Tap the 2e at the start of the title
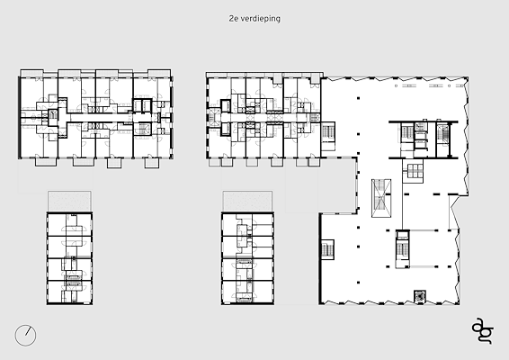coord(232,19)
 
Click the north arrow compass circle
coord(25,336)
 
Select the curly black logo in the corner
coord(483,331)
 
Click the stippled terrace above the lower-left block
coord(69,201)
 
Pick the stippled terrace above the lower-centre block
coord(247,201)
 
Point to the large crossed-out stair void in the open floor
coord(381,198)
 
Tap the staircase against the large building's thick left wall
coord(327,249)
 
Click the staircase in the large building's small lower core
coord(402,248)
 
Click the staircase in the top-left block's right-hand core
coord(142,129)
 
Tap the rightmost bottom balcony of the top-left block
coord(152,163)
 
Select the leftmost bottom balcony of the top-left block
coord(42,162)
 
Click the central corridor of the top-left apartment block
coord(97,118)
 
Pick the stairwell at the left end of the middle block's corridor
coord(213,117)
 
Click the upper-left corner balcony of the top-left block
coord(31,73)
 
